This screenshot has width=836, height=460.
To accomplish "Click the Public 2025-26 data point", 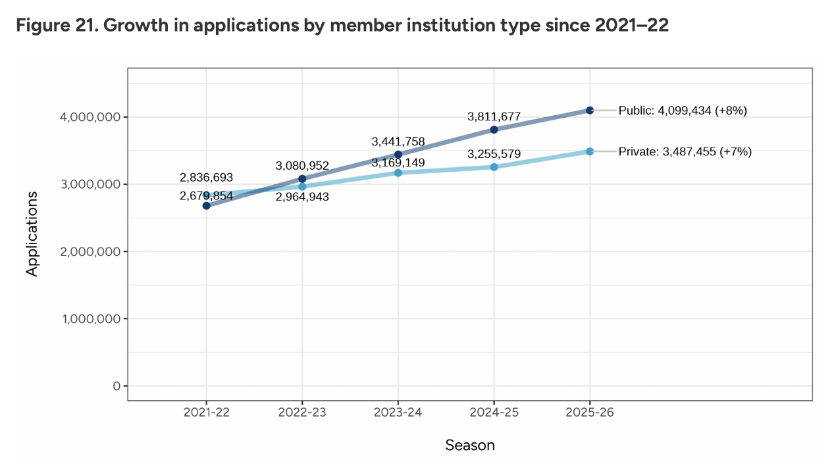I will tap(590, 110).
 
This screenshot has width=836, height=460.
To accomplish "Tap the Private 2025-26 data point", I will tap(590, 151).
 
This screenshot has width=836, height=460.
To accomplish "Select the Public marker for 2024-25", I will tap(494, 130).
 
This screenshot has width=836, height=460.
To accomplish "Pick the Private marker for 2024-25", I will tap(494, 167).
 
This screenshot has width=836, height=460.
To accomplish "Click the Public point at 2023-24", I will tap(398, 155).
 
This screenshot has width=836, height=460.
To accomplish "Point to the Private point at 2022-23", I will tap(302, 186).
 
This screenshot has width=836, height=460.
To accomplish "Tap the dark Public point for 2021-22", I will tap(207, 205).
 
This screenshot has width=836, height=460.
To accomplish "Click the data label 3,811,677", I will tap(494, 116).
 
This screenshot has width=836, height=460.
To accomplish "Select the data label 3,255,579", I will tap(494, 155).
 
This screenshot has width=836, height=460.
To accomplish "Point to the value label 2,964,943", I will tap(302, 197).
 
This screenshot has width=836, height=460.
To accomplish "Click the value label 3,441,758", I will tap(398, 141).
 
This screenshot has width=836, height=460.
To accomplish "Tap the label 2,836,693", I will tap(206, 178).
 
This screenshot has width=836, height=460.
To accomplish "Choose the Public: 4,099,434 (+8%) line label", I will tap(683, 111).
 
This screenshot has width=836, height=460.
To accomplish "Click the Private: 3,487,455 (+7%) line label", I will tap(685, 151).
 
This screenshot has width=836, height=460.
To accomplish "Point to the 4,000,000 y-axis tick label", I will tap(89, 117).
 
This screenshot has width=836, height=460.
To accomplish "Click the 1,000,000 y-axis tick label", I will tap(89, 319).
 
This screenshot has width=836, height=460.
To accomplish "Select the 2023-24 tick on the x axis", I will tap(398, 413).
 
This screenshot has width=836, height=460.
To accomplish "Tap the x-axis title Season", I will tap(470, 445).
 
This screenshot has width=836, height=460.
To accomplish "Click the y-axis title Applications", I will tap(32, 234).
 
